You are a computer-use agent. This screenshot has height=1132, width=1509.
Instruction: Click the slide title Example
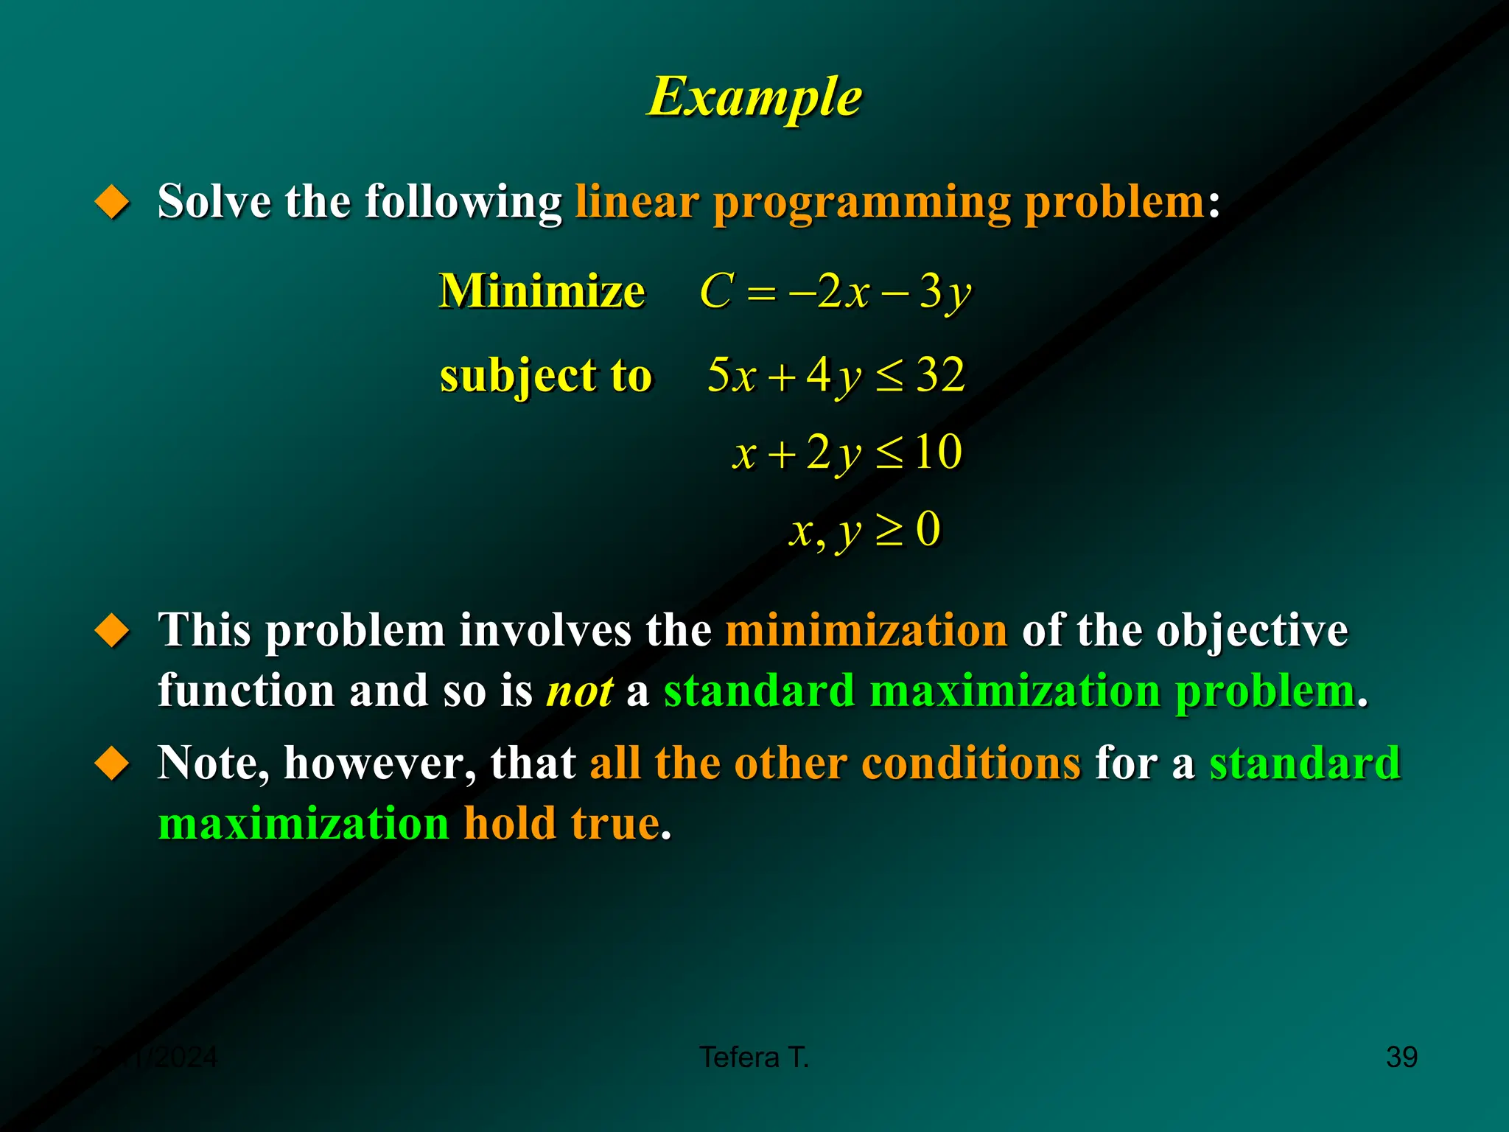tap(754, 97)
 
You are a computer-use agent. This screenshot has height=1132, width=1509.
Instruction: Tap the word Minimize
tap(542, 291)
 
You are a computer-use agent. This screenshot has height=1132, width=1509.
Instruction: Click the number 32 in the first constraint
tap(940, 374)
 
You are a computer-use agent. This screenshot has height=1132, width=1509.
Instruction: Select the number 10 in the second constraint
tap(938, 452)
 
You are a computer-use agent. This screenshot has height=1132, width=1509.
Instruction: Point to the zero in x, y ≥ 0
tap(928, 528)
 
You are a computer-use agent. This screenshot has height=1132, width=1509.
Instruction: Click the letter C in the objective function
tap(716, 291)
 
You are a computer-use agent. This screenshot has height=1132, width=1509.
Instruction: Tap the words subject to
tap(546, 376)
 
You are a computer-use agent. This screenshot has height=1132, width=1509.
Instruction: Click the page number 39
tap(1401, 1057)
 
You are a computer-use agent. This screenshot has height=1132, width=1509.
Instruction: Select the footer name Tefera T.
tap(754, 1057)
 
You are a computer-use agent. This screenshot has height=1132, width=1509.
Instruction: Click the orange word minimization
tap(866, 631)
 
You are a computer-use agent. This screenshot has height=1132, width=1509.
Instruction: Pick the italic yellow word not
tap(580, 691)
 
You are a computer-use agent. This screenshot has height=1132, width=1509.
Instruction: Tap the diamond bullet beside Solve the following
tap(112, 201)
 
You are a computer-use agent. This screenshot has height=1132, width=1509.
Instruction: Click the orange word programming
tap(862, 203)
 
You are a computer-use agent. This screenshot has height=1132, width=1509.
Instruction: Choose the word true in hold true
tap(615, 823)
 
